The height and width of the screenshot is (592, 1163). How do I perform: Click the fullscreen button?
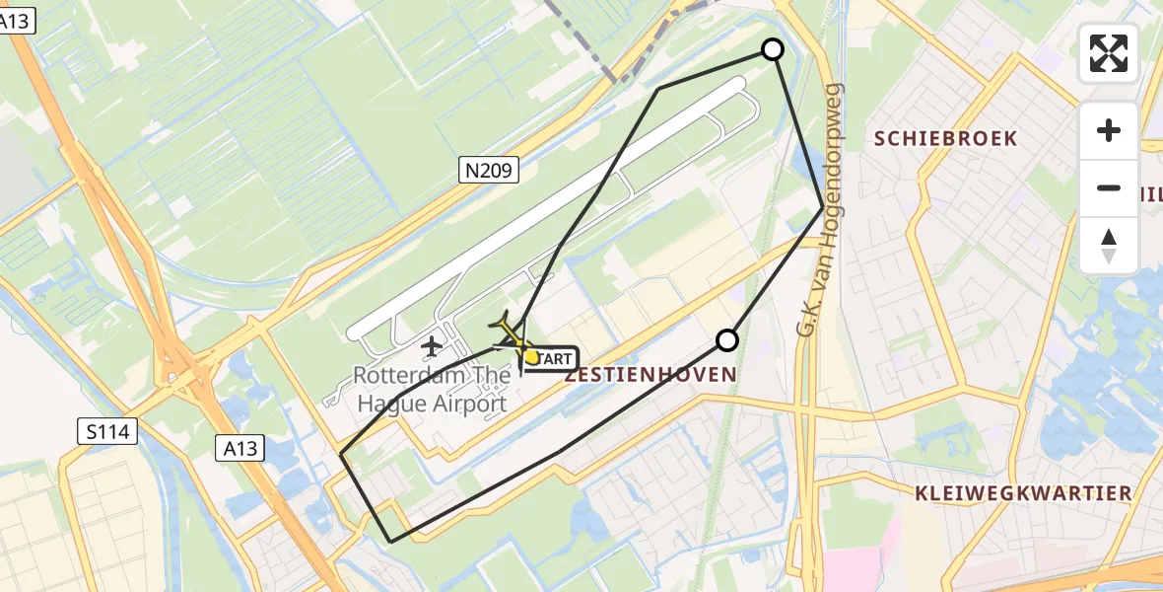(1109, 53)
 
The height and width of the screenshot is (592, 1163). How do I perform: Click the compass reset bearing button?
(1109, 245)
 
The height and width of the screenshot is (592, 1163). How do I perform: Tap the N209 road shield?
(489, 171)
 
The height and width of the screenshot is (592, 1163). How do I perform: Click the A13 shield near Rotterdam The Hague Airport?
(239, 449)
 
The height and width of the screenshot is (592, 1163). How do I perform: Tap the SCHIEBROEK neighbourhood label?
(945, 139)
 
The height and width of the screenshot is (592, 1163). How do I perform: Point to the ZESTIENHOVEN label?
(650, 375)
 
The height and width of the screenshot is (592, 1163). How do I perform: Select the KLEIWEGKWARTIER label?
(1022, 493)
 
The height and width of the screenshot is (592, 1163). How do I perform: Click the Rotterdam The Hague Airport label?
(432, 389)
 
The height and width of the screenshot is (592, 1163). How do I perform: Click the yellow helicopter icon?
(511, 335)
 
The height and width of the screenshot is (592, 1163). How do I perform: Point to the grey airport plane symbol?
(431, 346)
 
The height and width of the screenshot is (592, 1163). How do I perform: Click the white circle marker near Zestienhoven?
(727, 340)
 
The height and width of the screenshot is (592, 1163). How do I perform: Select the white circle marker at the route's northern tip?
(774, 49)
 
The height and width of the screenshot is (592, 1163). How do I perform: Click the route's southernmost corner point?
(391, 542)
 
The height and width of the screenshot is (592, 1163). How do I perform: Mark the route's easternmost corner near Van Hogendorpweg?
(823, 207)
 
